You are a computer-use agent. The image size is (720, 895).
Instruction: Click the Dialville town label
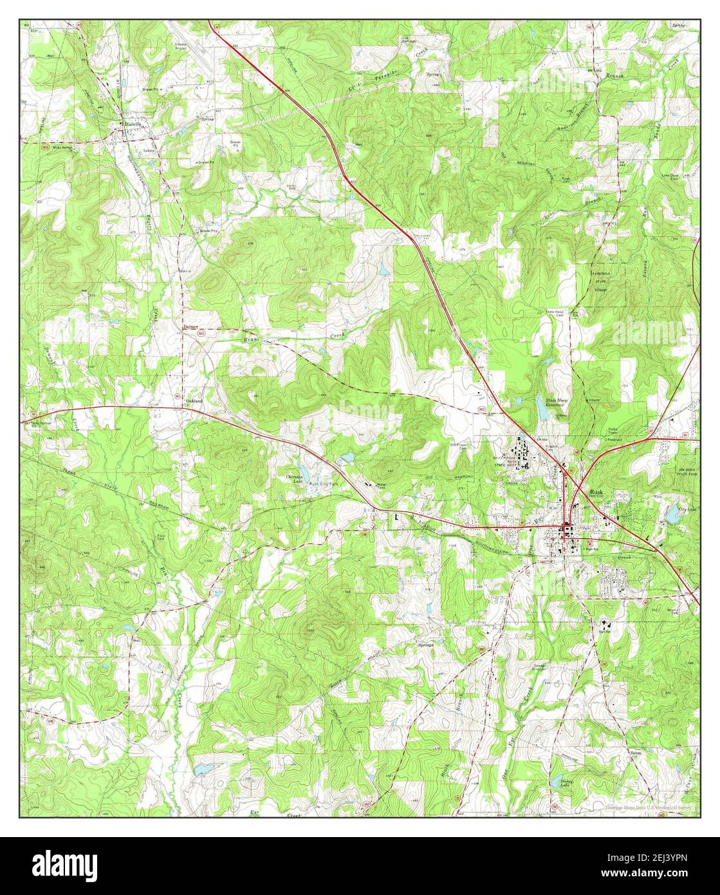click(x=136, y=126)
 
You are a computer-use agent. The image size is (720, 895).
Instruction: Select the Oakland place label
click(x=194, y=400)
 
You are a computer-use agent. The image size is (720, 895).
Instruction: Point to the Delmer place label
click(x=190, y=327)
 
